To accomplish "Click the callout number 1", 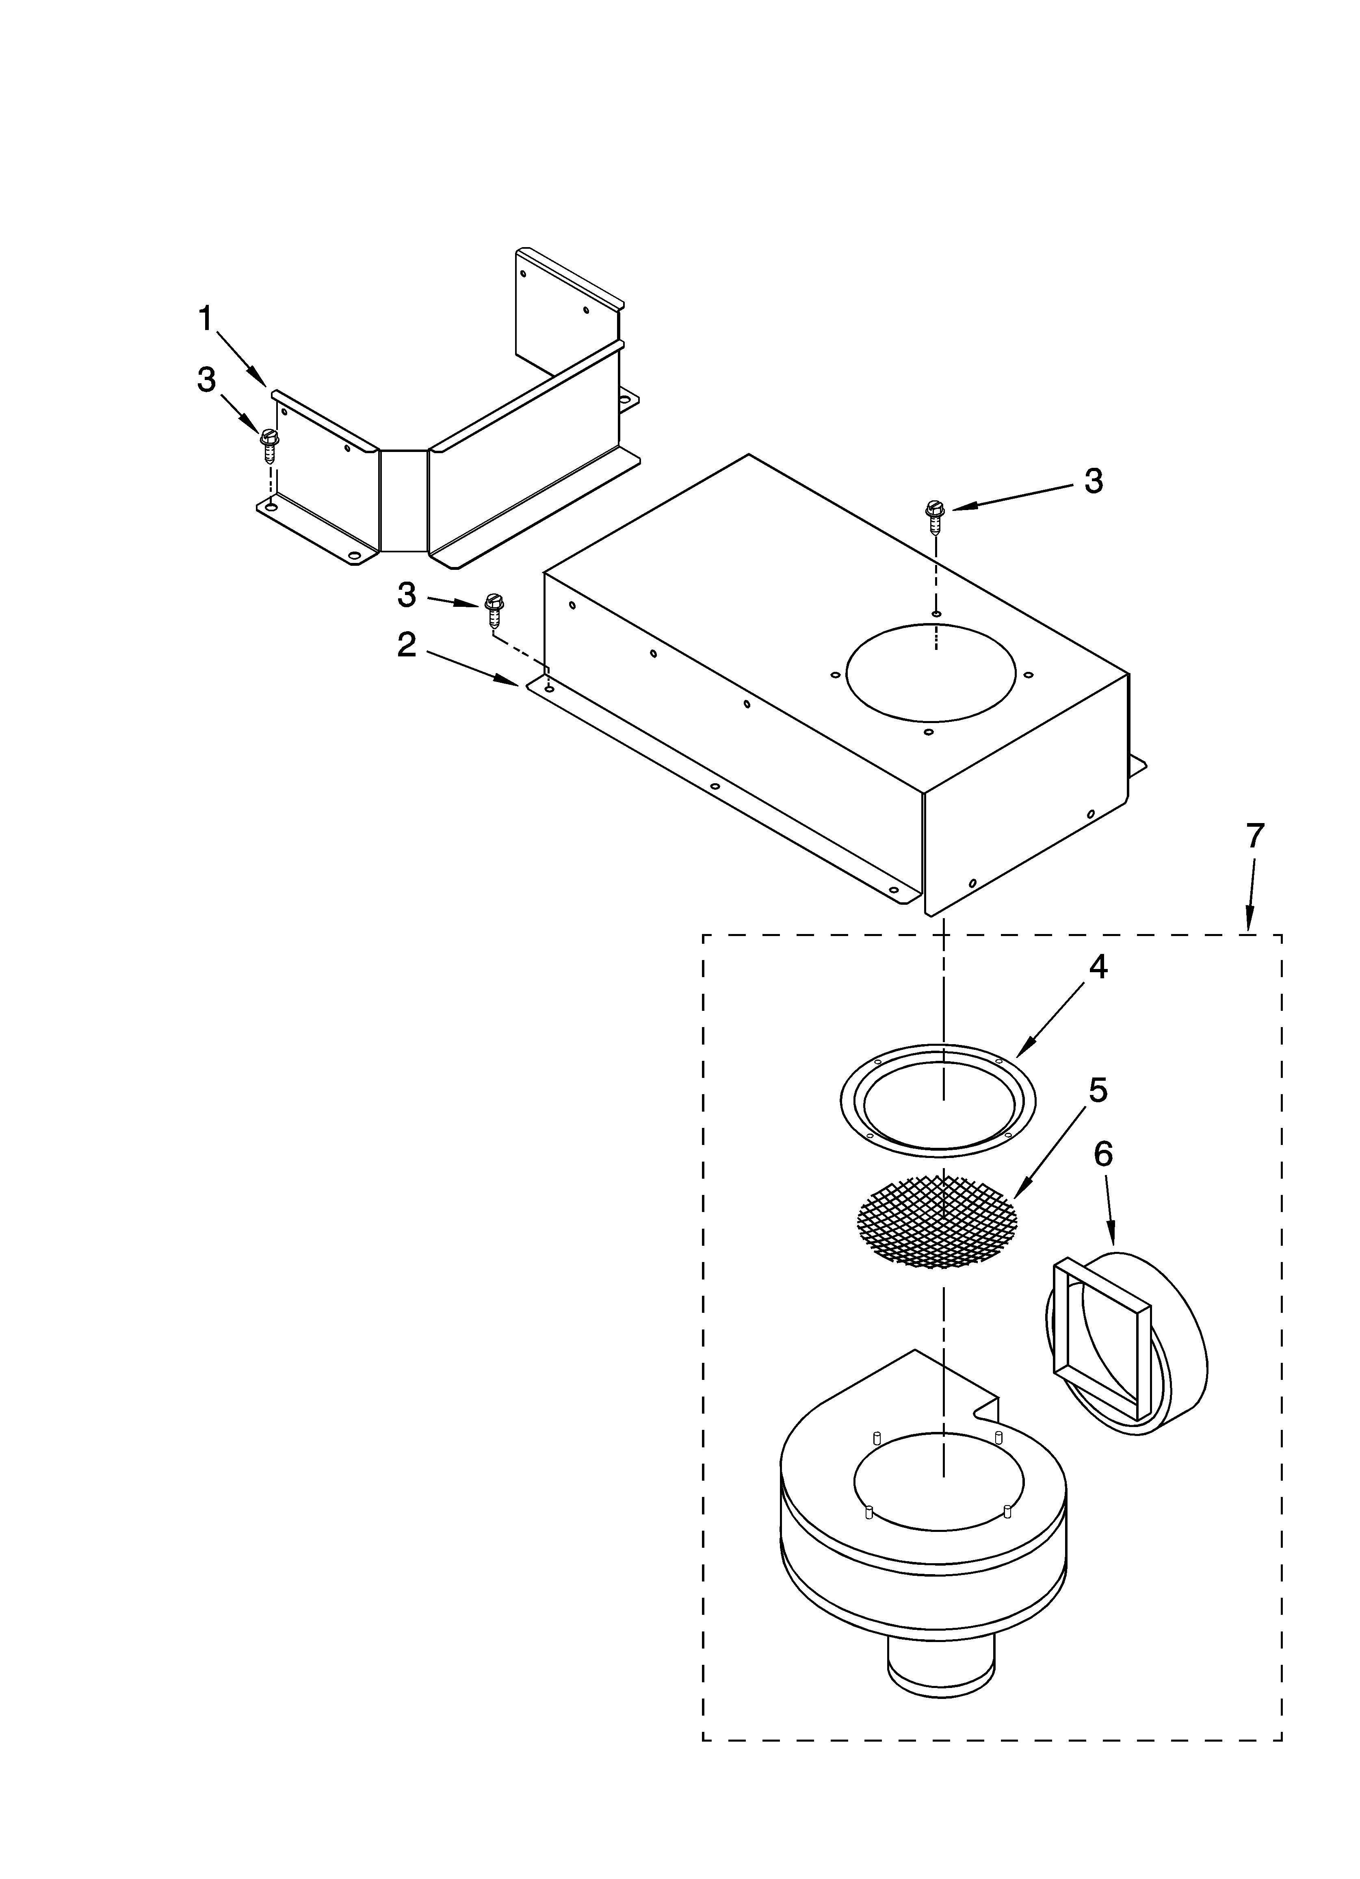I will [x=206, y=319].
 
